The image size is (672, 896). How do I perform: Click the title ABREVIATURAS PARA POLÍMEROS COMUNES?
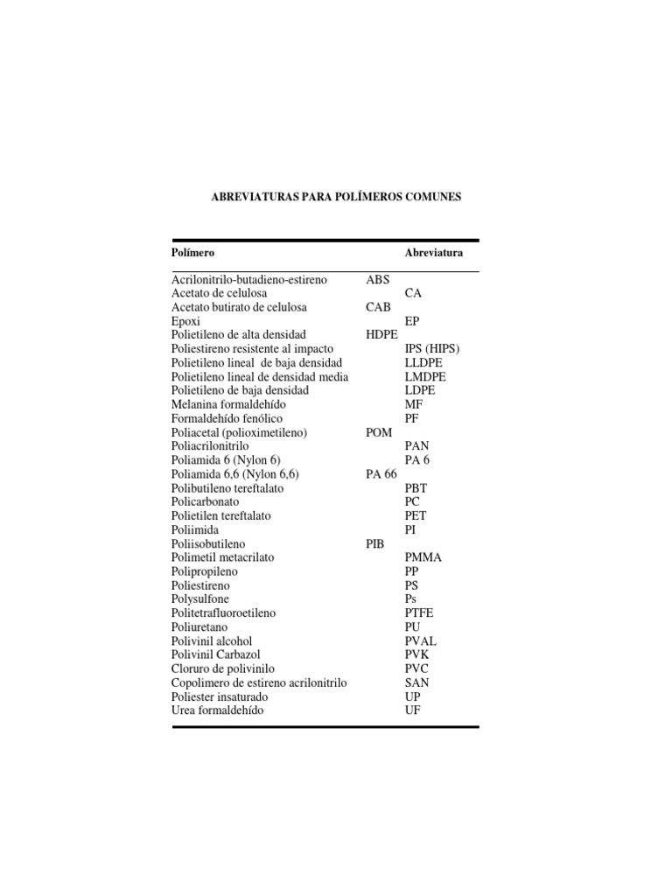[x=336, y=198]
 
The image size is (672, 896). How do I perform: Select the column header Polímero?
[x=192, y=253]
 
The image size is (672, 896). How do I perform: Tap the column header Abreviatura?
[x=434, y=253]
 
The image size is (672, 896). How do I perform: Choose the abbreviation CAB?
[x=379, y=307]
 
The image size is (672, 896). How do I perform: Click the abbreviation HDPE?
[x=382, y=335]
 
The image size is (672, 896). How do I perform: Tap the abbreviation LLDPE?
[x=424, y=362]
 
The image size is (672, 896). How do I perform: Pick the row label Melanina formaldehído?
[x=228, y=404]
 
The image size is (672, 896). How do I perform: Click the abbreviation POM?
[x=379, y=432]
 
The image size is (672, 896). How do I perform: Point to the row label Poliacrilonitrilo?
[x=212, y=446]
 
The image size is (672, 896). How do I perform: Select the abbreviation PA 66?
[x=381, y=473]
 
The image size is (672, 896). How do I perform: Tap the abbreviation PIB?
[x=374, y=543]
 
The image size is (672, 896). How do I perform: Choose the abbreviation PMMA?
[x=423, y=557]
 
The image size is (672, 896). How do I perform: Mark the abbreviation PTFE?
[x=419, y=613]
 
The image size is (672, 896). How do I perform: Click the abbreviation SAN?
[x=417, y=682]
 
